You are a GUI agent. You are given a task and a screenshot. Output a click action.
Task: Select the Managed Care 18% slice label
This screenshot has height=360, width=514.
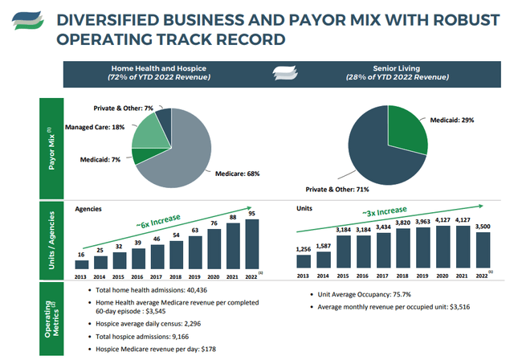tap(95, 127)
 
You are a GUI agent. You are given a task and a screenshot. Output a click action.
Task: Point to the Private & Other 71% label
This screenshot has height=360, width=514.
tap(337, 190)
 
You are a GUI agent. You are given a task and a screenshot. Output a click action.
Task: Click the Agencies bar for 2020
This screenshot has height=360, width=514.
tap(214, 249)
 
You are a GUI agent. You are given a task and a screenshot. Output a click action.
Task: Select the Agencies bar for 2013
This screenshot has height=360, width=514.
tap(82, 264)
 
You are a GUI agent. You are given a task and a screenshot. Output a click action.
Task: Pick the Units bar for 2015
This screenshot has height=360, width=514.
tap(343, 252)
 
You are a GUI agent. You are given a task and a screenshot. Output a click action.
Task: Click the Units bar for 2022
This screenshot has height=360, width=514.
tap(483, 250)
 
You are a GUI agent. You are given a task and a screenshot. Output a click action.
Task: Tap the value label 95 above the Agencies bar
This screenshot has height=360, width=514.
tap(251, 214)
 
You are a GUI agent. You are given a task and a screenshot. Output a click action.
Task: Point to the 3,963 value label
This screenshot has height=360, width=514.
tap(422, 222)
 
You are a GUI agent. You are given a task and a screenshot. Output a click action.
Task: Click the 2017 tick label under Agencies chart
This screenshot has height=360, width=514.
tap(156, 277)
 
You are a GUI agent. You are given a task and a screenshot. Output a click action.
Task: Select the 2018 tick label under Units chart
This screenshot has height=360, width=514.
tap(402, 276)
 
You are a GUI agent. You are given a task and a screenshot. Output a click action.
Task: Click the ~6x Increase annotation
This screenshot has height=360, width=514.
tap(158, 221)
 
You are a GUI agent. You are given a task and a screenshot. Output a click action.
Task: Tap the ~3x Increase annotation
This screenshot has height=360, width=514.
tap(385, 211)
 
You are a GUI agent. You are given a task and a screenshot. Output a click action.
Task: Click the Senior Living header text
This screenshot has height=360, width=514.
tap(396, 68)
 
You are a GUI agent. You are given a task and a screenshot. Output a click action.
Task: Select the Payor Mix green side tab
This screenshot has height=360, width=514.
tap(51, 148)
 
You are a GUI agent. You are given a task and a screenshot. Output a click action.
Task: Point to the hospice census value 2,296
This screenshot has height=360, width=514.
tap(193, 324)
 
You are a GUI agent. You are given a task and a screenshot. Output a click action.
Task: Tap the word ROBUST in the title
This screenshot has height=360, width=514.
tap(466, 20)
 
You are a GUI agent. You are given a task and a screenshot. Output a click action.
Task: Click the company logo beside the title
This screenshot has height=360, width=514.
tap(28, 20)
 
